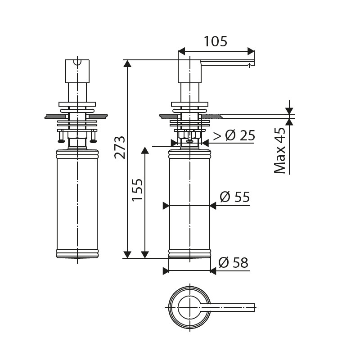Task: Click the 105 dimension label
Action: [216, 41]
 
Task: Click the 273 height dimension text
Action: [119, 147]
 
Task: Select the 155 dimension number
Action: [137, 189]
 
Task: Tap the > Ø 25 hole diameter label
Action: [234, 135]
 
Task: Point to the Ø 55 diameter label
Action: [234, 197]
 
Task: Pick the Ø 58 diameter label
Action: [233, 262]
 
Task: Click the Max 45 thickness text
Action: [280, 150]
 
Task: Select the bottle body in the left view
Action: [77, 202]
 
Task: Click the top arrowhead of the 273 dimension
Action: [128, 63]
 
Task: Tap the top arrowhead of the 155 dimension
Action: [145, 151]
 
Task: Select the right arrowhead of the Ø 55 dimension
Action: [213, 206]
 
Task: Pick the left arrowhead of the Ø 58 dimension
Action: [166, 271]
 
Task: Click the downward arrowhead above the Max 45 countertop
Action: [289, 111]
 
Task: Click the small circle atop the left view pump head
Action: [77, 62]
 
